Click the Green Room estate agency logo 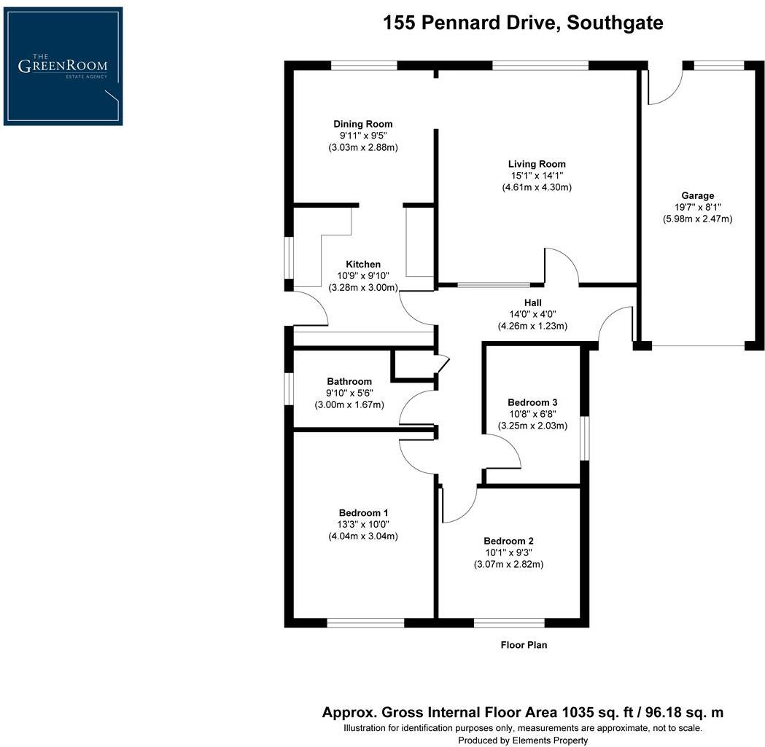63,66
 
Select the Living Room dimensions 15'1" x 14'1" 536,176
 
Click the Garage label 697,195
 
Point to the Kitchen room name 363,264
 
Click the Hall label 532,302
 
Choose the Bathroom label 349,381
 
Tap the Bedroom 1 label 362,512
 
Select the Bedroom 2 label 508,541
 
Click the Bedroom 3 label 532,402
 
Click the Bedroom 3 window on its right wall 585,437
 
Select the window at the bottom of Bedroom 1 365,622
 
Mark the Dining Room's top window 364,66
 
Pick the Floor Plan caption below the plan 524,644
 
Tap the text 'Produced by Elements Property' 523,740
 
